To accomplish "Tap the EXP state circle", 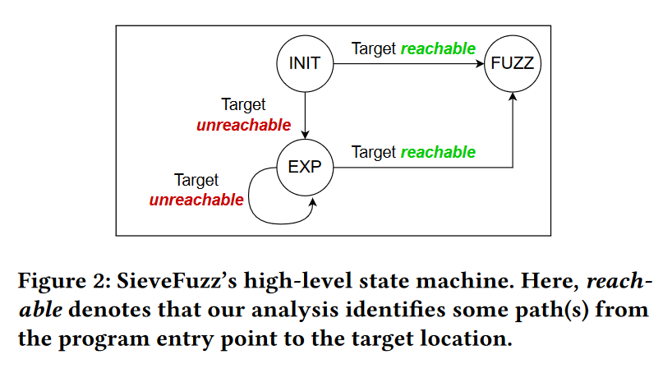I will point(305,168).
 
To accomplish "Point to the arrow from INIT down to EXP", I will point(305,115).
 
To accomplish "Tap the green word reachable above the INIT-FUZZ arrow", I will point(438,48).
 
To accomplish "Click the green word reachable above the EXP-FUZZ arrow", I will point(438,152).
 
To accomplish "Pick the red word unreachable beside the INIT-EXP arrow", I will point(243,125).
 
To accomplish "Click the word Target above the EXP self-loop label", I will point(196,180).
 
